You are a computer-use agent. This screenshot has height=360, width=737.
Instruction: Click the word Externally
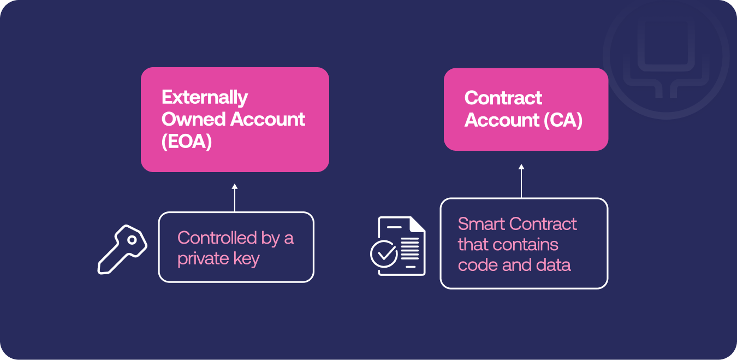pyautogui.click(x=204, y=98)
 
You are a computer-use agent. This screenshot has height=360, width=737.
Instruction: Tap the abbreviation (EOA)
pyautogui.click(x=187, y=141)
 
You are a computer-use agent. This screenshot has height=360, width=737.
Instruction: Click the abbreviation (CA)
pyautogui.click(x=563, y=120)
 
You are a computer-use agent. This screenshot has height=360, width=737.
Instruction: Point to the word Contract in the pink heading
pyautogui.click(x=503, y=98)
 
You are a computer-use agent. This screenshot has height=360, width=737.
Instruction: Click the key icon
pyautogui.click(x=122, y=249)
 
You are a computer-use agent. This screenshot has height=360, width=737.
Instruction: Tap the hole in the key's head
pyautogui.click(x=132, y=240)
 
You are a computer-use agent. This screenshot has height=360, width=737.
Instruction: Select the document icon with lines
pyautogui.click(x=398, y=246)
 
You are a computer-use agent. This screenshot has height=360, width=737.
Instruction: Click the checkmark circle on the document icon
pyautogui.click(x=384, y=253)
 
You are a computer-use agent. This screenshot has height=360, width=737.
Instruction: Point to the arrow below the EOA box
pyautogui.click(x=235, y=198)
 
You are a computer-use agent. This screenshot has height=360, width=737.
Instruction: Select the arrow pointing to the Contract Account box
pyautogui.click(x=521, y=181)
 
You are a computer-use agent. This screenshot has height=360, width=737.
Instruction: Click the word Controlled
pyautogui.click(x=217, y=238)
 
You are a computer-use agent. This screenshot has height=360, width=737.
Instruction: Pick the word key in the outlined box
pyautogui.click(x=246, y=259)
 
